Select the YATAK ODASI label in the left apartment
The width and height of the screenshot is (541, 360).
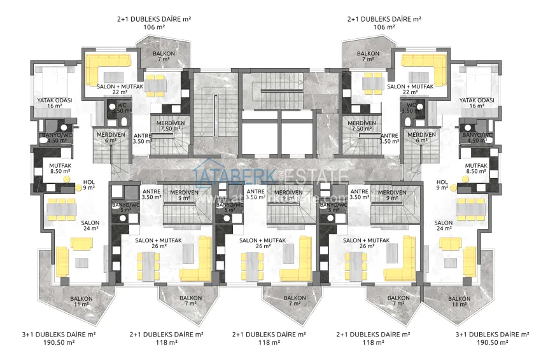55,103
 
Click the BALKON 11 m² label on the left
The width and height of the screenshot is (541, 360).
81,301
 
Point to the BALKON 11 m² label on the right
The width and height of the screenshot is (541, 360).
459,301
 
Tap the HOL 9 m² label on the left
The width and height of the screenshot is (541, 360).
88,184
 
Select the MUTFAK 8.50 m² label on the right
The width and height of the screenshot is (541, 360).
458,168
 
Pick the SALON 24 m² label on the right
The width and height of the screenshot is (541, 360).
444,226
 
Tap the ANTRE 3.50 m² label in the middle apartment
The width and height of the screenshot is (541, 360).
256,195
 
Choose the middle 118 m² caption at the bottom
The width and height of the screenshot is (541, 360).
270,342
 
